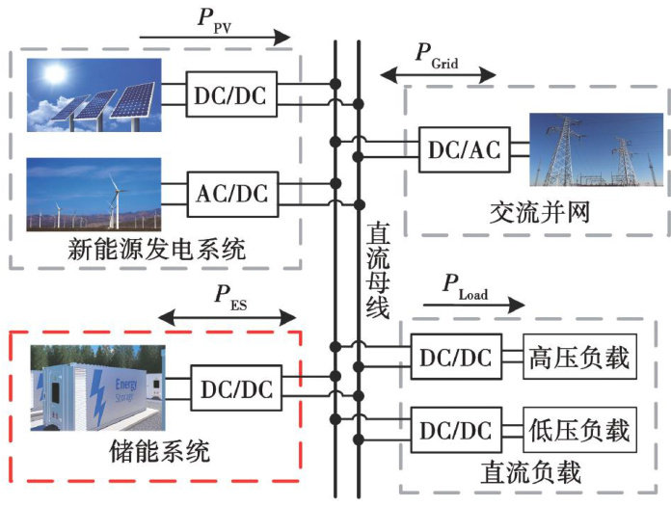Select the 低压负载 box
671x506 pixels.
579,428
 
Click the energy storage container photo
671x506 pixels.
97,387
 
